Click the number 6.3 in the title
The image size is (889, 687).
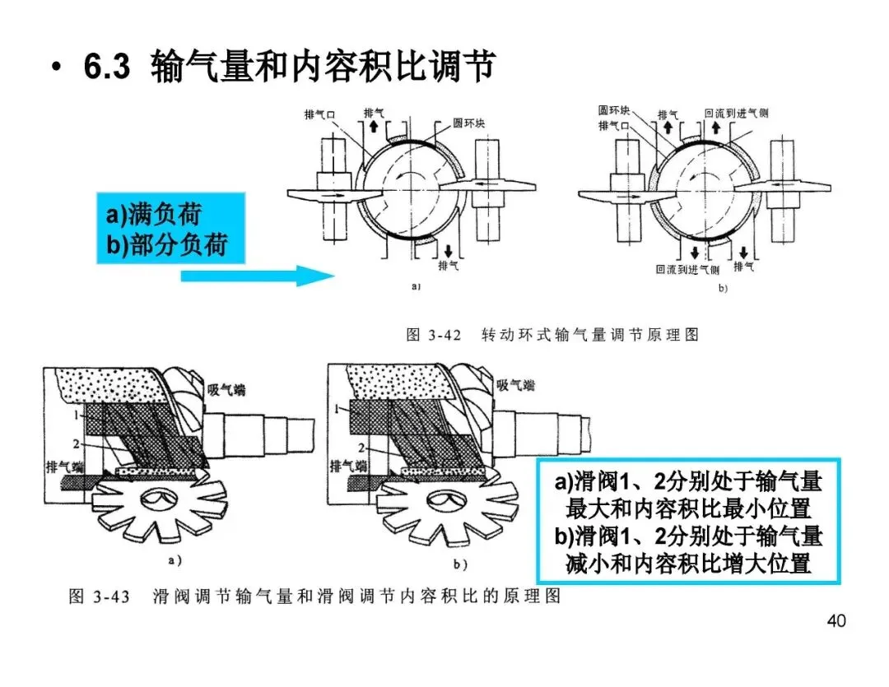click(x=107, y=67)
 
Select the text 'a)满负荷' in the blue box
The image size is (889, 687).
click(x=153, y=216)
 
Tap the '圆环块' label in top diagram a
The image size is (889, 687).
click(x=469, y=124)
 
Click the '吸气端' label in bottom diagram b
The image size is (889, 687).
click(x=514, y=384)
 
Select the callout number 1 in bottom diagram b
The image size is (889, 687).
click(x=336, y=407)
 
